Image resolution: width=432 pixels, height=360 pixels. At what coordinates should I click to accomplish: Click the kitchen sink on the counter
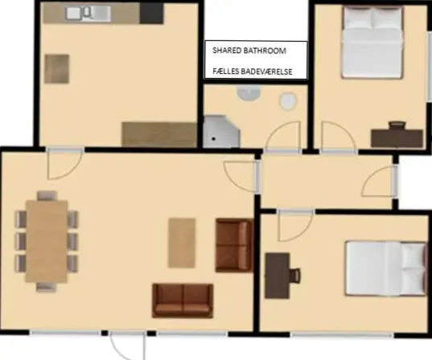[88, 13]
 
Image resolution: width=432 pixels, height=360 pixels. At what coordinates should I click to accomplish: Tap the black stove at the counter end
[151, 14]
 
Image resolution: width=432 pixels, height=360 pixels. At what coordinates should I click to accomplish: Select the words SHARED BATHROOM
[249, 51]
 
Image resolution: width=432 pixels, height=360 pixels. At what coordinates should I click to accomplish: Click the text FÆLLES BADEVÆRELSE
[253, 72]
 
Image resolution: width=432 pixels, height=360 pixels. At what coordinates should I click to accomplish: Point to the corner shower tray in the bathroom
[221, 131]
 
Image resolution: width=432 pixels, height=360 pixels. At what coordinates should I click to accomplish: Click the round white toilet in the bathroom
[288, 101]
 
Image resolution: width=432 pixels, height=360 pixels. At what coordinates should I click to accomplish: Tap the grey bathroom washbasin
[249, 92]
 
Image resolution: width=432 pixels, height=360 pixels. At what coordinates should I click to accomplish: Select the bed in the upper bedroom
[372, 43]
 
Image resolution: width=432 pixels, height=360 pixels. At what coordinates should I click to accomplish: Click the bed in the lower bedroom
[385, 268]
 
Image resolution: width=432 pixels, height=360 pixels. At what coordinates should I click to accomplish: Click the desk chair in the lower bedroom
[295, 276]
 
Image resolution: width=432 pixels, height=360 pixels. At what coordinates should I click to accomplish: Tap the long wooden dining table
[47, 241]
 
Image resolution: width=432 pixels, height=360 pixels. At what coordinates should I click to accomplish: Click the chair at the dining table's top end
[47, 195]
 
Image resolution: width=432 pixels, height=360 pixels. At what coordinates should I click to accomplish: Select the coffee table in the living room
[182, 243]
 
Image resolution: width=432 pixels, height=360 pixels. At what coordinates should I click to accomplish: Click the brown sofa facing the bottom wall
[183, 301]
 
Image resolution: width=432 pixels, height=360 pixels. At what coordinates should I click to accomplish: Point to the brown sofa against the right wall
[234, 245]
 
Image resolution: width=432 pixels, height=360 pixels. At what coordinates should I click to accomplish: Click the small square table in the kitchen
[57, 69]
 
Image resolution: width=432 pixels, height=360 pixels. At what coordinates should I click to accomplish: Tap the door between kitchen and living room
[65, 163]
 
